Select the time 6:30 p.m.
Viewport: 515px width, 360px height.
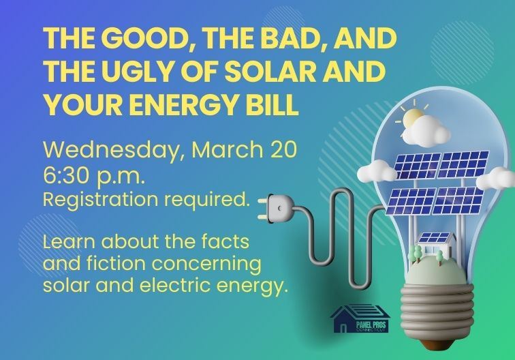tap(95, 176)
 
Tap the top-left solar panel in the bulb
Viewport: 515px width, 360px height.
tap(418, 164)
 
